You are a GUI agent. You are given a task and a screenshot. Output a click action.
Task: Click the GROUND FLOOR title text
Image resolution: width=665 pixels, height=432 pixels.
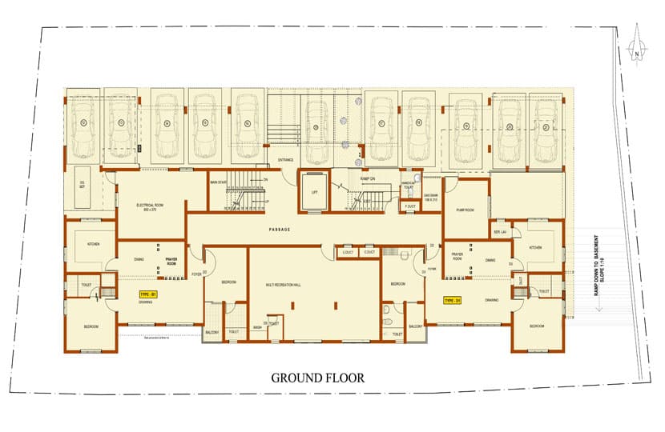(x=317, y=378)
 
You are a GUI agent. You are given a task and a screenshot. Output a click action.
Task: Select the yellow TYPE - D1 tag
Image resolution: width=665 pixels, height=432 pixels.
(x=453, y=301)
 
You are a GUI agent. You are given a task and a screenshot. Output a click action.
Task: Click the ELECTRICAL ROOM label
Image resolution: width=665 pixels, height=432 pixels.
(x=150, y=207)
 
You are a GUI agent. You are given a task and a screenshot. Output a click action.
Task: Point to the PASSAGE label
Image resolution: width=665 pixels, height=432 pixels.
(x=279, y=230)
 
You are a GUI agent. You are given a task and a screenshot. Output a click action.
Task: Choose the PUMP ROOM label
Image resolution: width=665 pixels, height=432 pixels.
(x=466, y=210)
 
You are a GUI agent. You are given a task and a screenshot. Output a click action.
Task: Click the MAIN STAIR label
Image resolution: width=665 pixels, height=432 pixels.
(x=220, y=182)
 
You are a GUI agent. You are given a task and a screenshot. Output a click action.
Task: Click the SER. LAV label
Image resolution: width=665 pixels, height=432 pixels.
(x=499, y=233)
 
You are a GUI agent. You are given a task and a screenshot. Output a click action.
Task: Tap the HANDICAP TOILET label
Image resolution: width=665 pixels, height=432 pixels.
(x=409, y=186)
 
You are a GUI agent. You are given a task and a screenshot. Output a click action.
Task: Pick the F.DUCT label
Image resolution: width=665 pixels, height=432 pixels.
(x=409, y=206)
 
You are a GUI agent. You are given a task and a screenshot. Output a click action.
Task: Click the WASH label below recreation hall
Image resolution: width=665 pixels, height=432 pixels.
(x=257, y=327)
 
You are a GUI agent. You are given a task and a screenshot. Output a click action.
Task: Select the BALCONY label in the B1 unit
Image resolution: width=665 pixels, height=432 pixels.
(x=213, y=330)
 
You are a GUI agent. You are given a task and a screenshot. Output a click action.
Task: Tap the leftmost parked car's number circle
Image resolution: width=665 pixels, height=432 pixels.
(x=83, y=123)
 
